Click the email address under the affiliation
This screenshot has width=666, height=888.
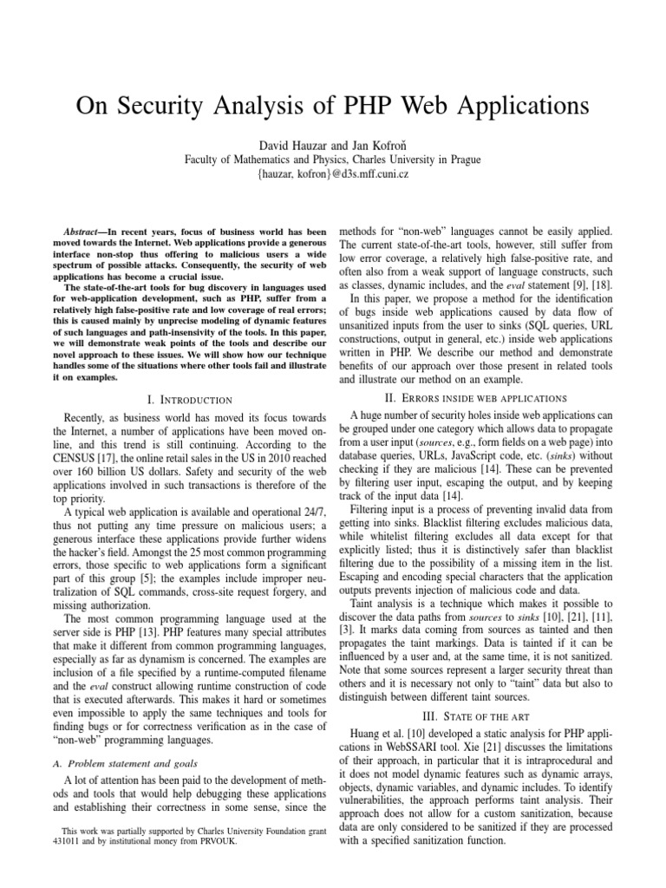pyautogui.click(x=332, y=173)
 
